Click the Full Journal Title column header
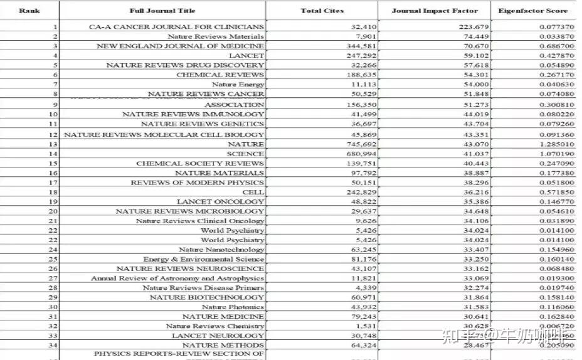(162, 11)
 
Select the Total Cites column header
(322, 11)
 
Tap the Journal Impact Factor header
(434, 11)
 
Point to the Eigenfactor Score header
(532, 11)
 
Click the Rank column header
(29, 11)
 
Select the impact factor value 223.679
(464, 27)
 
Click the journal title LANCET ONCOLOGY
(220, 202)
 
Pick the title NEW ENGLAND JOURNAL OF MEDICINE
(180, 46)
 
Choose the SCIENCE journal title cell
(245, 154)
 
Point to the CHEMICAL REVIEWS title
(220, 75)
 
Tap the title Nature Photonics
(233, 307)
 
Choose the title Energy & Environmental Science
(203, 259)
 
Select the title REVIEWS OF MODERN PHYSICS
(197, 183)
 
